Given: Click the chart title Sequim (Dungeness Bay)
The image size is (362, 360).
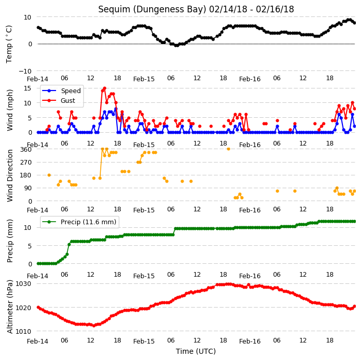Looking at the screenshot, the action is click(152, 9).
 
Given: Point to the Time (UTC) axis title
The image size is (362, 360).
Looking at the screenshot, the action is click(196, 351).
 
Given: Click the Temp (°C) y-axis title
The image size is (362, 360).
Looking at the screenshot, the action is click(9, 44).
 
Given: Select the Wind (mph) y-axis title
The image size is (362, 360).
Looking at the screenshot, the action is click(9, 111).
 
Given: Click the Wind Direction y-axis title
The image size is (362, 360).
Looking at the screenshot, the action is click(9, 175).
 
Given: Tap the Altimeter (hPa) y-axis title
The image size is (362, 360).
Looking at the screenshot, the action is click(9, 307).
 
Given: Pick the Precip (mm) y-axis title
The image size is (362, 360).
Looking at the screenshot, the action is click(9, 241).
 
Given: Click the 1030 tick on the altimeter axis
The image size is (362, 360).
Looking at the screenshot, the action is click(23, 283).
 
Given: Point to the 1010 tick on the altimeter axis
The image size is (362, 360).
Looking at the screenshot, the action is click(23, 332).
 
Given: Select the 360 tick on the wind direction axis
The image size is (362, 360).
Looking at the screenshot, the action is click(26, 150).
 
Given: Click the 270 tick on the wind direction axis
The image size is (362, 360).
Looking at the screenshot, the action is click(26, 163).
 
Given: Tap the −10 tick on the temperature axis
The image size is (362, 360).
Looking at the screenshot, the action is click(25, 71).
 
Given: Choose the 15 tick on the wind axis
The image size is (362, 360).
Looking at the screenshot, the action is click(27, 88).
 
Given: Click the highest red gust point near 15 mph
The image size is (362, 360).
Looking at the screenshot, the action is click(104, 88).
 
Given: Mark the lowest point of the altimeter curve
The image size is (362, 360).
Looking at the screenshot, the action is click(94, 326).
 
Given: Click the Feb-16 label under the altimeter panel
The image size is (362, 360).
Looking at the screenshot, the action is click(250, 341).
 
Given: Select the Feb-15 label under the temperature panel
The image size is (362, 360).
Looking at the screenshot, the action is click(144, 79).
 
